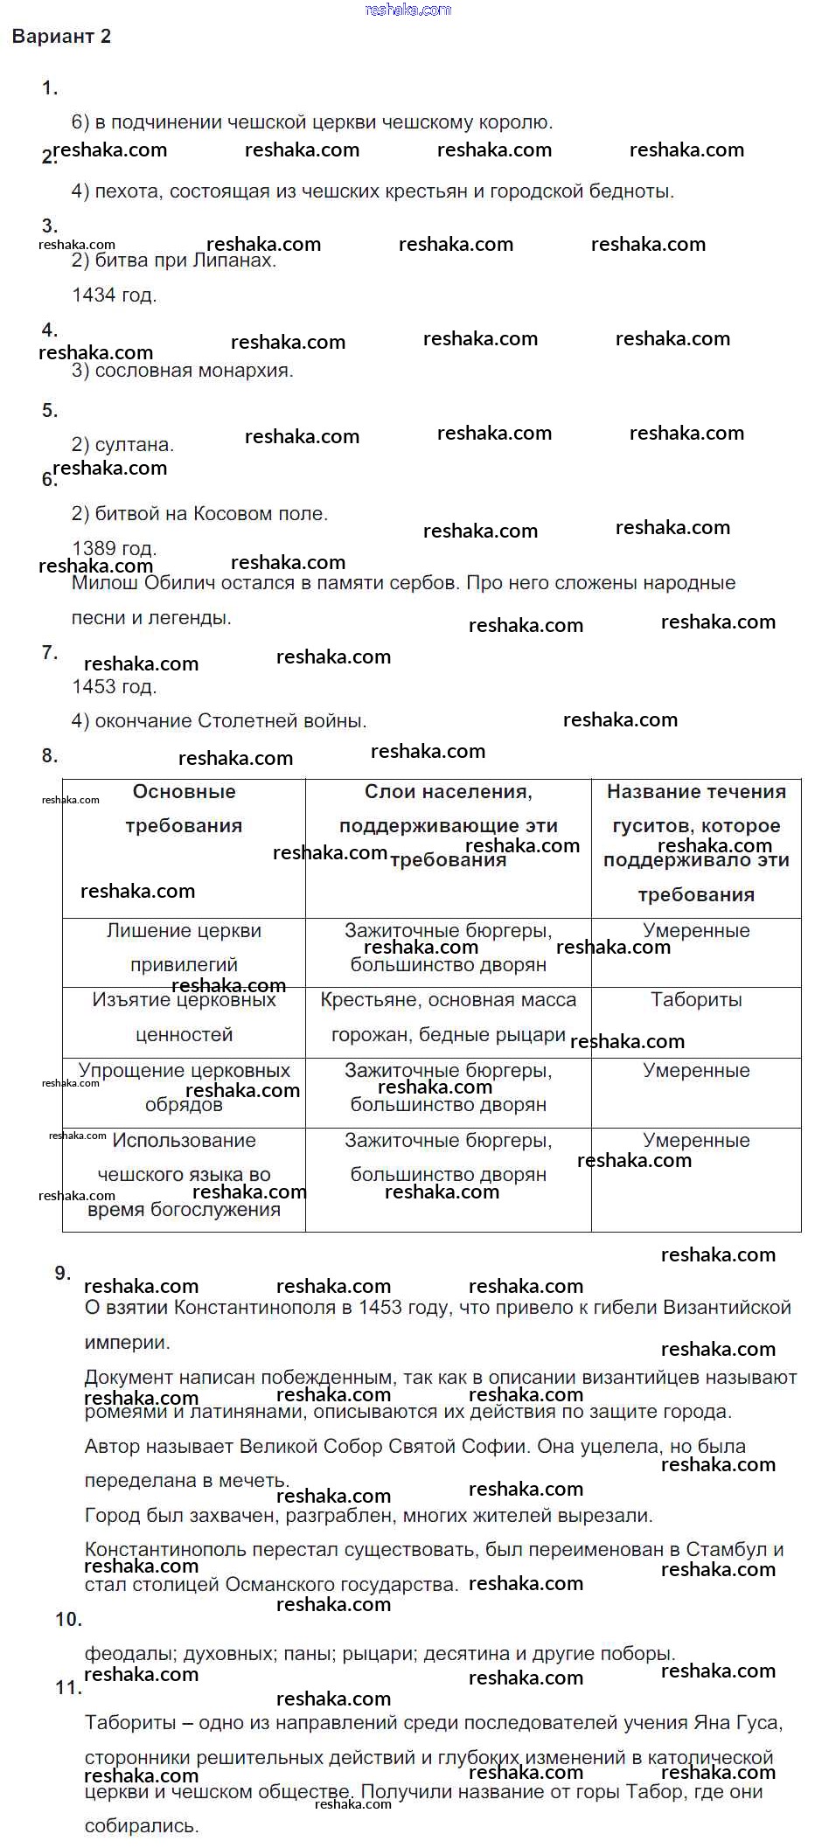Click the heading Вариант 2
pyautogui.click(x=61, y=37)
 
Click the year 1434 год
pyautogui.click(x=114, y=295)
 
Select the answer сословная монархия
pyautogui.click(x=193, y=371)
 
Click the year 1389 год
pyautogui.click(x=114, y=548)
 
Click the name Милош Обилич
pyautogui.click(x=140, y=583)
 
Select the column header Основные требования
pyautogui.click(x=184, y=809)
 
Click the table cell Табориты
pyautogui.click(x=696, y=1000)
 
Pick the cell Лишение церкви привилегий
pyautogui.click(x=184, y=948)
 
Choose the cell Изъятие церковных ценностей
pyautogui.click(x=184, y=1018)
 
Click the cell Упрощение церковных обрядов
pyautogui.click(x=184, y=1087)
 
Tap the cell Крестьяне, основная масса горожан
pyautogui.click(x=448, y=1018)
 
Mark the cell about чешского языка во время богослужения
pyautogui.click(x=184, y=1175)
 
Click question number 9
pyautogui.click(x=62, y=1273)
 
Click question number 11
pyautogui.click(x=68, y=1688)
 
